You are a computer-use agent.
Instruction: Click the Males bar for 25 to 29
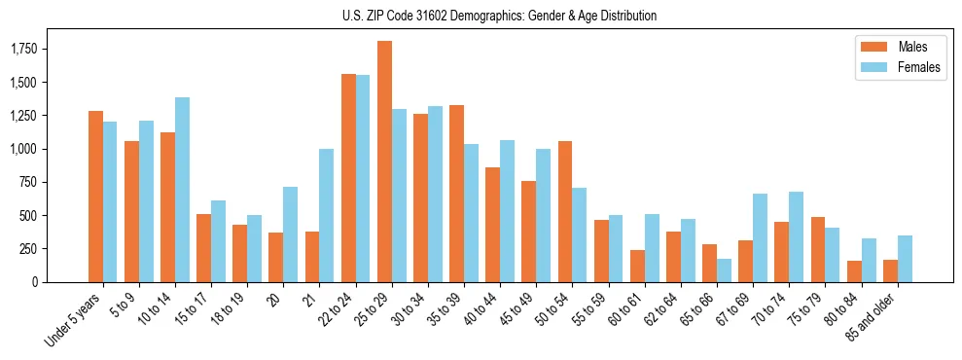tap(384, 162)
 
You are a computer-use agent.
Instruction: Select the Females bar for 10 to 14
tap(182, 190)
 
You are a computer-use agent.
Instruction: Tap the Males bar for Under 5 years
tap(95, 197)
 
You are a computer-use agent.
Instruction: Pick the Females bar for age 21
tap(327, 215)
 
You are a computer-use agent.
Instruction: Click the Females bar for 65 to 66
tap(724, 270)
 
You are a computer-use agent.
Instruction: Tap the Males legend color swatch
tap(868, 47)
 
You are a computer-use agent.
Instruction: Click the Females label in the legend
tap(919, 67)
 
